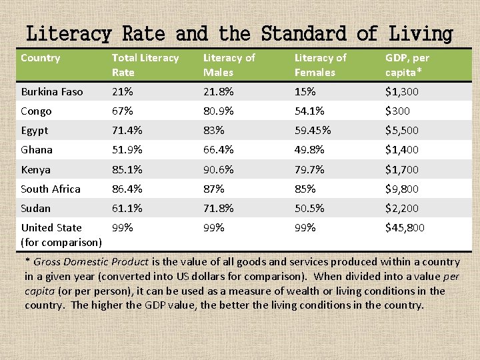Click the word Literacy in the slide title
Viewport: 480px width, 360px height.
pos(69,33)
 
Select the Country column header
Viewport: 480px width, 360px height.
pos(40,58)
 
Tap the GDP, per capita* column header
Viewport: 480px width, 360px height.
pos(407,65)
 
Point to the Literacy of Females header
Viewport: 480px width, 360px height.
pos(321,65)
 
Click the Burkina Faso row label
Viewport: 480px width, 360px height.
pos(52,91)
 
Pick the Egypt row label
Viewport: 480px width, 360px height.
pos(35,131)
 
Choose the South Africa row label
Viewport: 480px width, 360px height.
pos(51,189)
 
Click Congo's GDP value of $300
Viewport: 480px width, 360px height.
pos(398,111)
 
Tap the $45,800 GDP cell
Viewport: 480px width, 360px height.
pos(405,228)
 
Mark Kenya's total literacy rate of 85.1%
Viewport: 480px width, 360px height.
pos(127,169)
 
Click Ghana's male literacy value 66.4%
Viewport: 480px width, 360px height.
pos(219,150)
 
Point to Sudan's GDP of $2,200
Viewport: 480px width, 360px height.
pos(402,209)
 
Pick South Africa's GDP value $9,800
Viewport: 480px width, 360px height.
pos(402,189)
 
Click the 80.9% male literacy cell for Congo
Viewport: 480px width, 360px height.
pos(219,111)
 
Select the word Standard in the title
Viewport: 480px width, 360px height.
pos(304,33)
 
